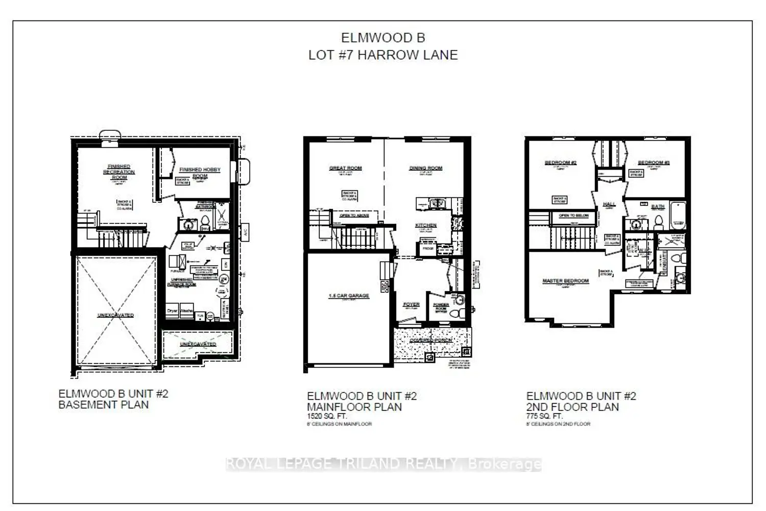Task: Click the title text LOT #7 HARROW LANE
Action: [x=382, y=55]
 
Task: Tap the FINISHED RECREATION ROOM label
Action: [x=119, y=172]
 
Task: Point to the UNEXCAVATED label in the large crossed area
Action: [x=115, y=315]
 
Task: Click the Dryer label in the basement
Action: [x=172, y=311]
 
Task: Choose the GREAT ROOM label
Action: [x=345, y=168]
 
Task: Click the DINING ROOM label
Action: [x=425, y=168]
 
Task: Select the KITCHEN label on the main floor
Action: [x=425, y=225]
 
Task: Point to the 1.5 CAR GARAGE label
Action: [x=349, y=296]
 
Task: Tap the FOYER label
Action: [x=411, y=305]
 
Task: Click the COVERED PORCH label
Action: [x=432, y=340]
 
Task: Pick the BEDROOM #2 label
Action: [x=560, y=162]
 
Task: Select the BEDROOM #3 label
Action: [x=654, y=162]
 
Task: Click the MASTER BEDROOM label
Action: [x=565, y=281]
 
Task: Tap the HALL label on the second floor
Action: [x=609, y=204]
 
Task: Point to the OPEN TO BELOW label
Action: [x=574, y=216]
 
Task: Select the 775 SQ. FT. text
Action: [x=544, y=416]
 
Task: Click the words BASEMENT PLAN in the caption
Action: [x=104, y=405]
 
